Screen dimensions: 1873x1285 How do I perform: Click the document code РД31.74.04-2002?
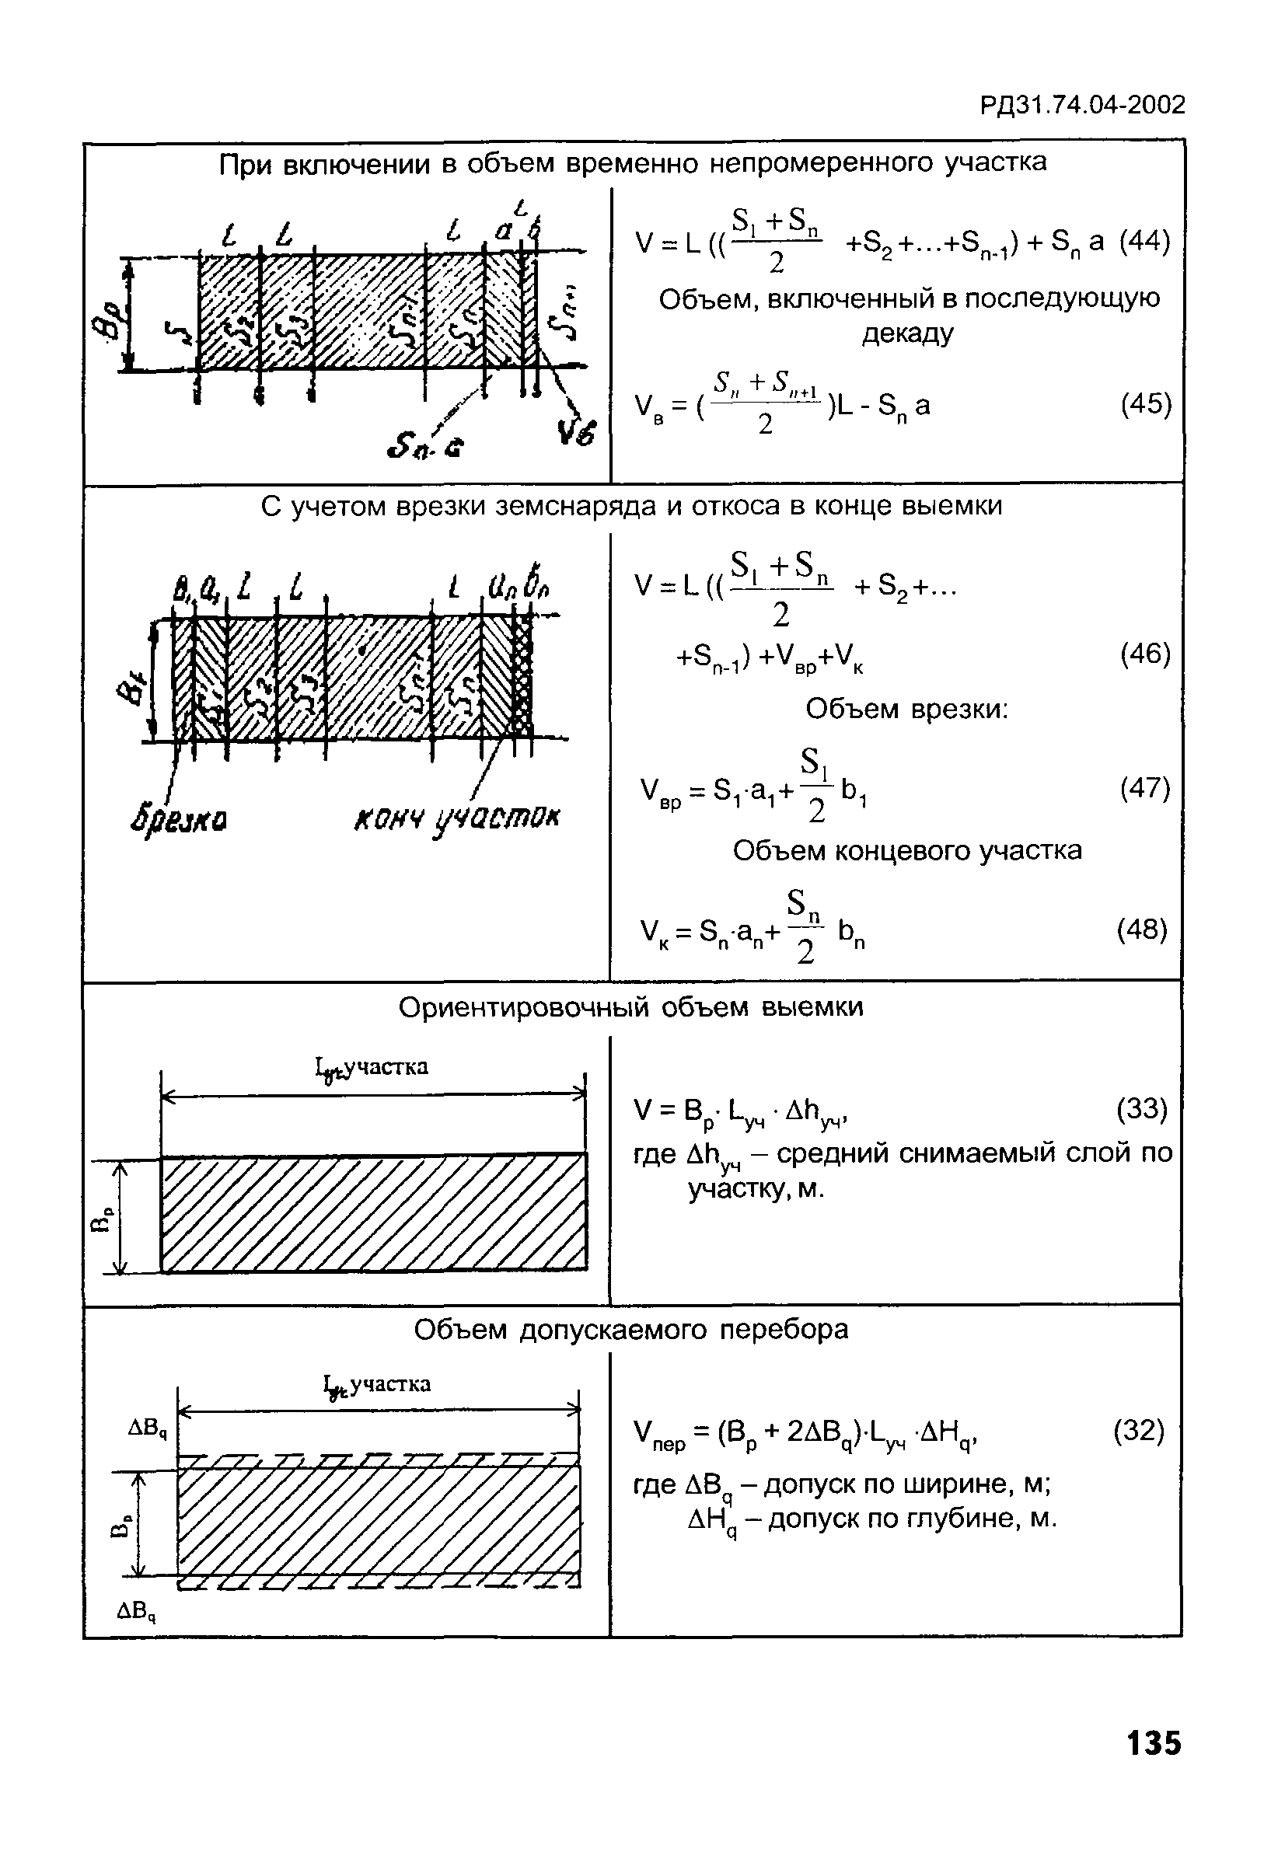pyautogui.click(x=1082, y=106)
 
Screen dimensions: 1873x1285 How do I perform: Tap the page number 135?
pyautogui.click(x=1154, y=1743)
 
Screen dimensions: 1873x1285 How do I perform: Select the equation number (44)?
pyautogui.click(x=1144, y=241)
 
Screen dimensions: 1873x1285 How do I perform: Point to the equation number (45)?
pyautogui.click(x=1146, y=404)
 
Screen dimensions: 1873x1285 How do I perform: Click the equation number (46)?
pyautogui.click(x=1145, y=654)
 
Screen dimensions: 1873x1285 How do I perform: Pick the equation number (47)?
pyautogui.click(x=1145, y=787)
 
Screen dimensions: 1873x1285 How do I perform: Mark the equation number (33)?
pyautogui.click(x=1141, y=1109)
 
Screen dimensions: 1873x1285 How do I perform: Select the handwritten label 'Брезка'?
pyautogui.click(x=178, y=820)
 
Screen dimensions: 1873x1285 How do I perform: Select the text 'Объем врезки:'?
pyautogui.click(x=907, y=710)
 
